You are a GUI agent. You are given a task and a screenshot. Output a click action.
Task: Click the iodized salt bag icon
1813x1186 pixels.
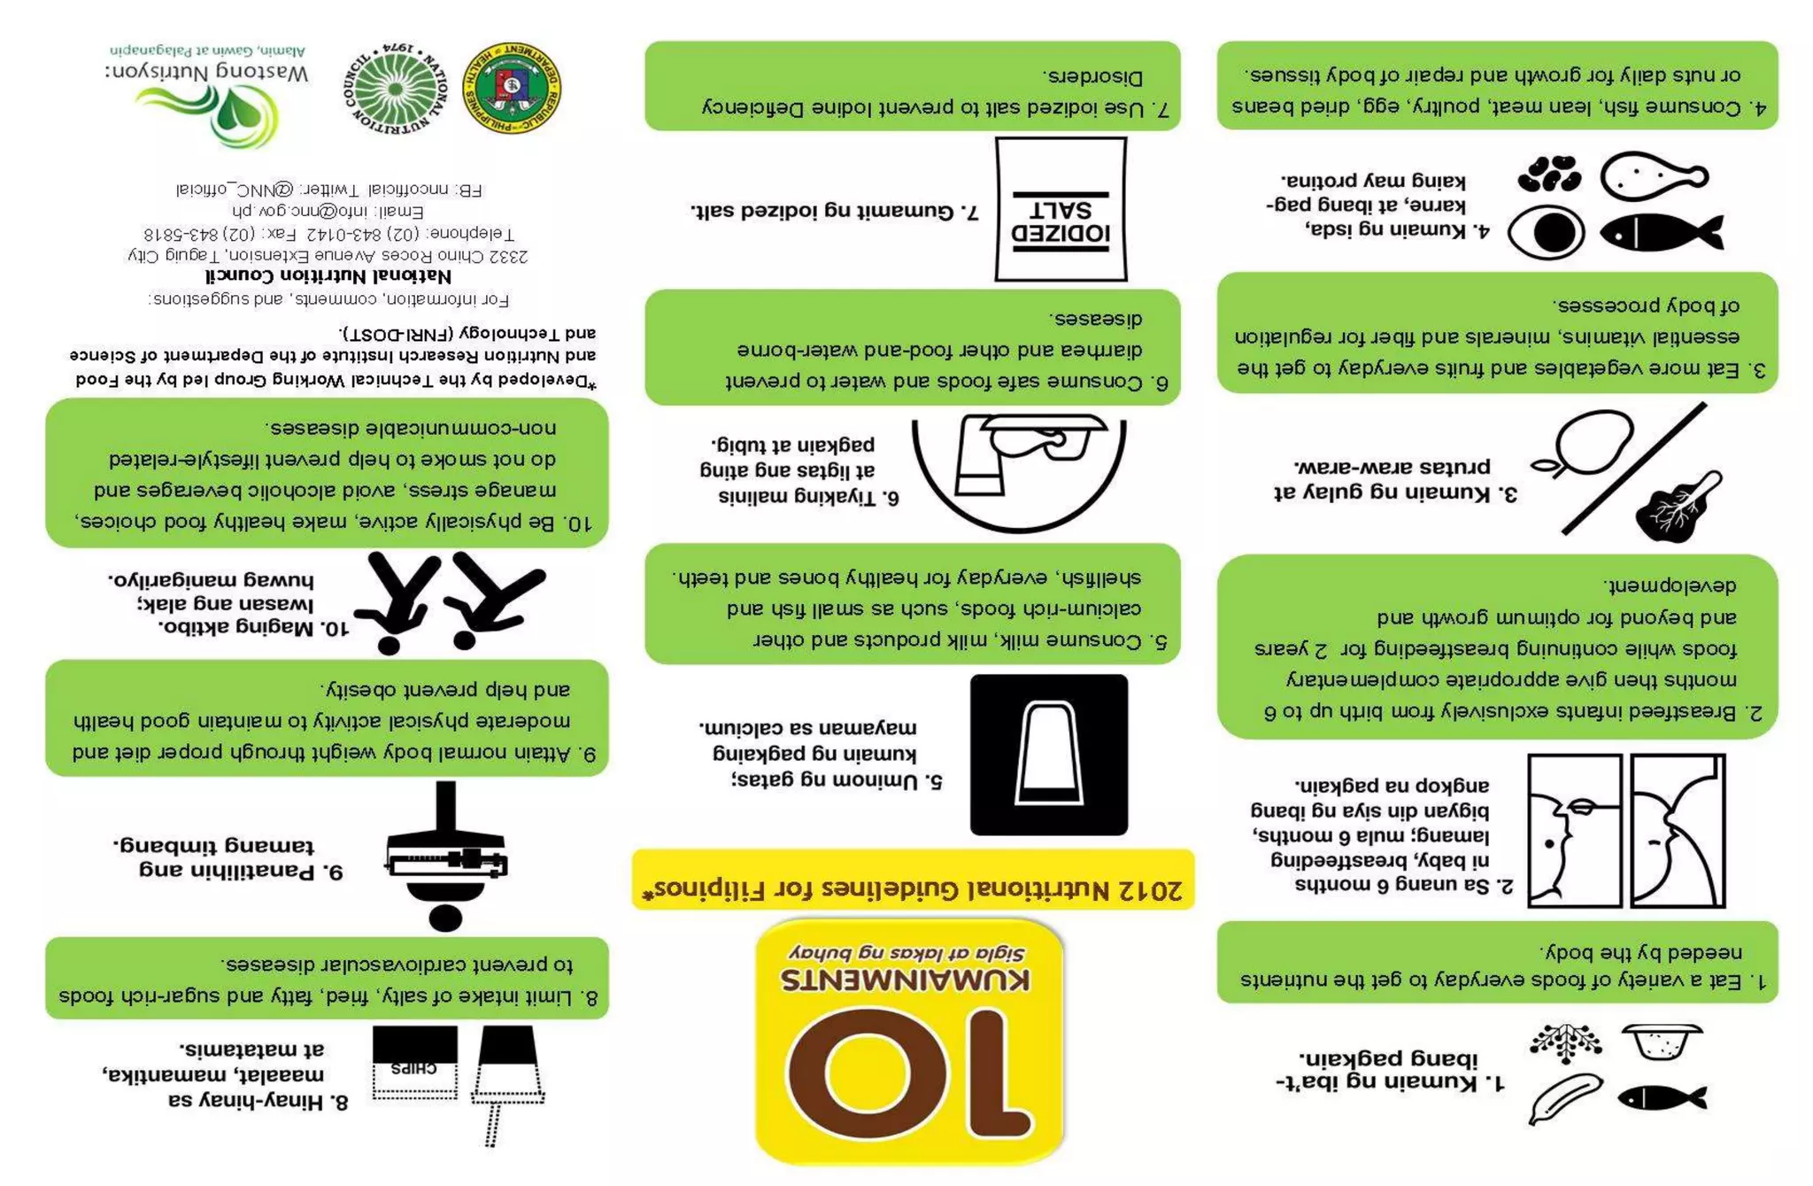[1061, 209]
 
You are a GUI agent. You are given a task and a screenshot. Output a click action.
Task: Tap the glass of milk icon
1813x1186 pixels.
[1049, 755]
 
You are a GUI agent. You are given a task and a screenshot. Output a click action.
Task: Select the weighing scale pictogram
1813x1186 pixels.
[445, 856]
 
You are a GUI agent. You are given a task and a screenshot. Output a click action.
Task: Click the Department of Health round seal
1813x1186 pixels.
[512, 89]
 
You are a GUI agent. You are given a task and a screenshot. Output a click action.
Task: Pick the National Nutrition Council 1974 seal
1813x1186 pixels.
[395, 89]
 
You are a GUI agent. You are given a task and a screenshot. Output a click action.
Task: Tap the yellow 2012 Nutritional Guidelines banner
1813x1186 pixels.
[913, 880]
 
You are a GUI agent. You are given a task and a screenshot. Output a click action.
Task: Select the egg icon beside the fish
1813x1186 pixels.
[1546, 233]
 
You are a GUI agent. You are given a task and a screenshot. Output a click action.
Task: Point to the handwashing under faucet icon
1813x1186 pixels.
[1019, 471]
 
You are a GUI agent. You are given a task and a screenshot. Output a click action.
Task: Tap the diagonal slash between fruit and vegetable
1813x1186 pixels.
[1634, 469]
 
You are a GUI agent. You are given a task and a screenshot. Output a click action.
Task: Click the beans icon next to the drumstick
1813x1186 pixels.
[1549, 174]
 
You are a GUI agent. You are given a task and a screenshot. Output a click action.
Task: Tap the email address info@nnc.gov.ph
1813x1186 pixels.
[328, 212]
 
